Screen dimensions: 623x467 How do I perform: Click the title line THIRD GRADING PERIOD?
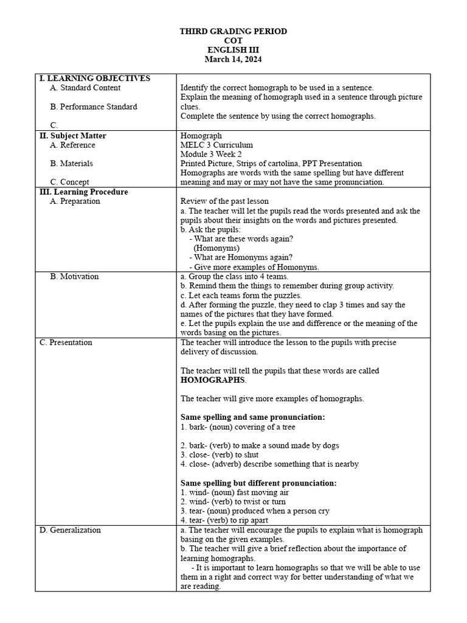[233, 31]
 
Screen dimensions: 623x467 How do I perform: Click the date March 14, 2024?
[233, 59]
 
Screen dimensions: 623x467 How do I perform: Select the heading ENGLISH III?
[233, 50]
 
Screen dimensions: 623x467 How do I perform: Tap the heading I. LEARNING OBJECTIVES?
[94, 78]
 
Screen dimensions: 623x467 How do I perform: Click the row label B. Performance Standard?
[94, 106]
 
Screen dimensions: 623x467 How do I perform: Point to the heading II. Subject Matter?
[72, 136]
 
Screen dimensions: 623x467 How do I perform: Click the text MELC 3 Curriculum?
[216, 145]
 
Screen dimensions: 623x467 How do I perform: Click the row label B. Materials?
[72, 163]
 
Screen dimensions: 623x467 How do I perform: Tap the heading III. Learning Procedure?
[83, 192]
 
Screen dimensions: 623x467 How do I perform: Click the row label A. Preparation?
[75, 201]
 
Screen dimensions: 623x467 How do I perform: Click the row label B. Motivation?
[74, 276]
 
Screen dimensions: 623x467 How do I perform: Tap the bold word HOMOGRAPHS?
[213, 380]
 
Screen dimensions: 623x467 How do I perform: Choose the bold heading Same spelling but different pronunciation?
[258, 483]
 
